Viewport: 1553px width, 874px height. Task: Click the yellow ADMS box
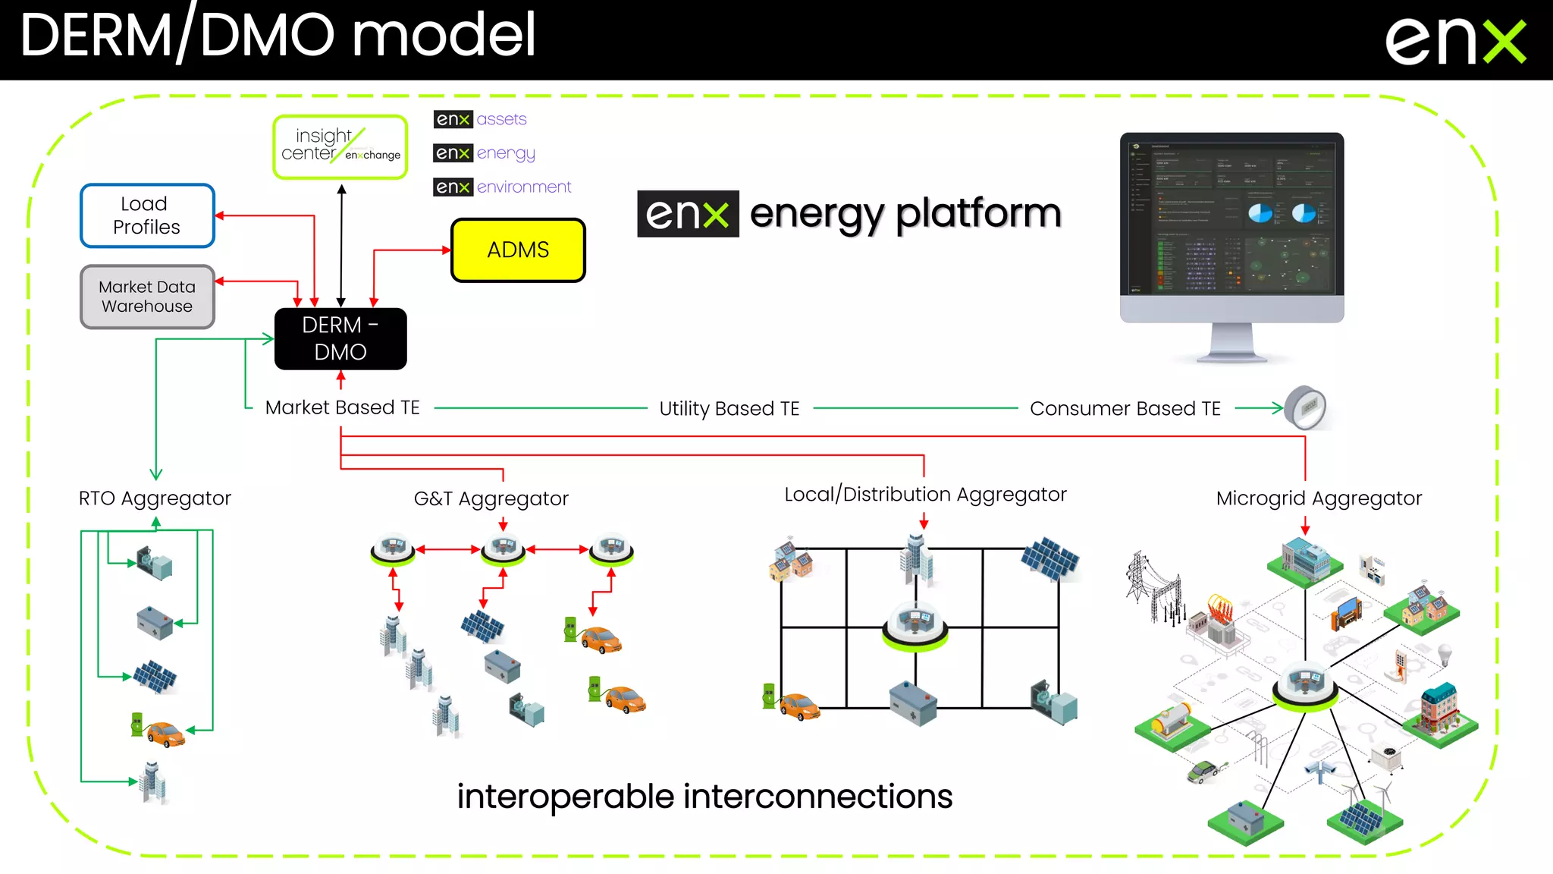coord(518,250)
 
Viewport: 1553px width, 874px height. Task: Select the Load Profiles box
coord(147,215)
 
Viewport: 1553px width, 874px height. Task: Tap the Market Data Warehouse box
coord(147,297)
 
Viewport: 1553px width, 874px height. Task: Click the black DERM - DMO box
coord(340,338)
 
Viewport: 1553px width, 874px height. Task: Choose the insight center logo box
coord(340,146)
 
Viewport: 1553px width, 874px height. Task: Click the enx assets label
coord(480,119)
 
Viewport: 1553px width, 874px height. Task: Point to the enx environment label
coord(502,187)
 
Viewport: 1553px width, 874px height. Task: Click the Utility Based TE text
coord(729,408)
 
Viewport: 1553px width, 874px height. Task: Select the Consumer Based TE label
coord(1125,408)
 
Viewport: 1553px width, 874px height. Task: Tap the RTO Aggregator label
coord(155,498)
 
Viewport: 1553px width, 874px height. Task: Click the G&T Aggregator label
coord(491,498)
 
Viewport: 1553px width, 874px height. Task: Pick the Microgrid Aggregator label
coord(1319,498)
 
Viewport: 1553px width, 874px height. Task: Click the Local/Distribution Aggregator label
coord(925,495)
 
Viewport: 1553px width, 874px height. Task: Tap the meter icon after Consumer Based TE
coord(1306,407)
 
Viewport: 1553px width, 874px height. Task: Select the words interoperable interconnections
coord(704,797)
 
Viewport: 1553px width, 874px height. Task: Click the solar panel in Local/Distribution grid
coord(1049,559)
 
